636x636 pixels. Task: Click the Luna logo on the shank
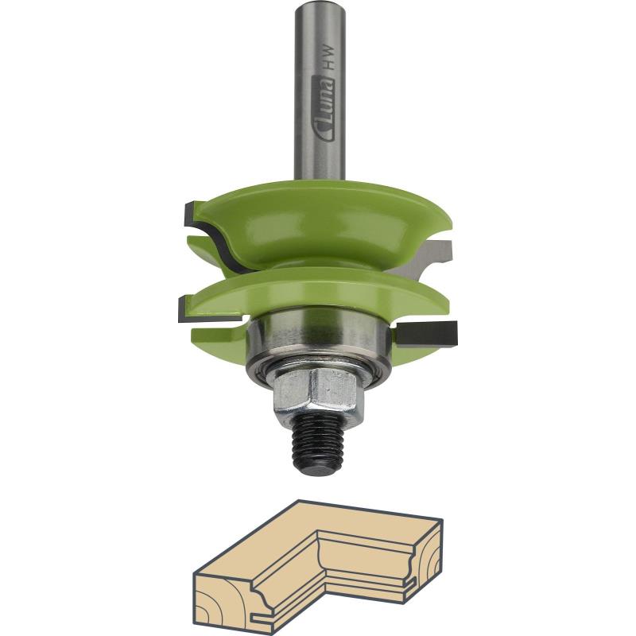coord(326,109)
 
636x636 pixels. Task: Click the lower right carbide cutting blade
coord(427,334)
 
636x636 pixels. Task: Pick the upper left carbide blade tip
coord(191,214)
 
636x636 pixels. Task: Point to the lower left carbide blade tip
coord(186,308)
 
